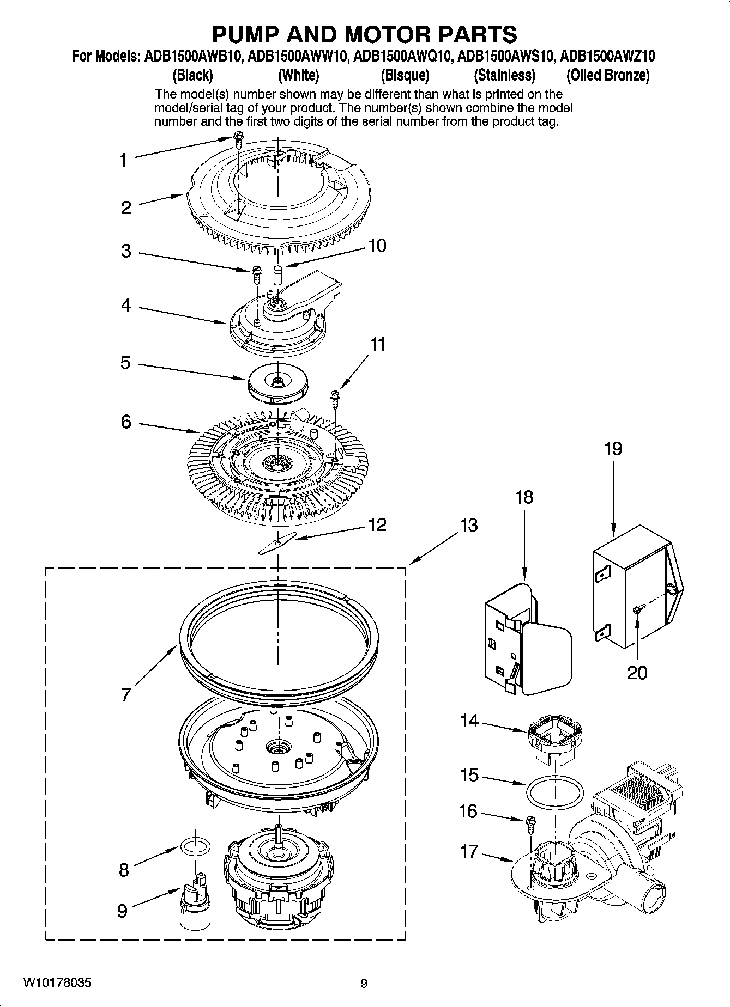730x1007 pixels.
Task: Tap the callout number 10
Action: click(x=377, y=246)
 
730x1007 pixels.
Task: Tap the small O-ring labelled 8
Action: click(x=195, y=846)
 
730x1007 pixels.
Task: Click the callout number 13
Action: click(x=468, y=526)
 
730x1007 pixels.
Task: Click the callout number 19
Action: click(x=613, y=449)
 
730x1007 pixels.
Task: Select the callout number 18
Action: click(x=524, y=497)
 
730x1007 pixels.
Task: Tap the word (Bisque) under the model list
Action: click(x=405, y=75)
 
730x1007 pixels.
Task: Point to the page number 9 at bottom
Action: click(x=364, y=984)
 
